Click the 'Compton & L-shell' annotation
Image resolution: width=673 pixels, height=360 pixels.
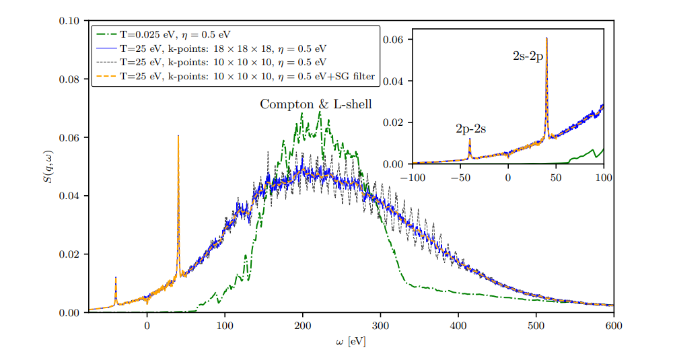316,104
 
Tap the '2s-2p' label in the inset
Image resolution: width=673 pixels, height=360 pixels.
528,57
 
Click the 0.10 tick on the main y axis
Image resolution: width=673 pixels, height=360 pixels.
69,21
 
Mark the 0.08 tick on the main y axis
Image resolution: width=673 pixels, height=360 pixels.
69,79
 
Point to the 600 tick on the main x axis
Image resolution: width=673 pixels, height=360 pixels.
613,325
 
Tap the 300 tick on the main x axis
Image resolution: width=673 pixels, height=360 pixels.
380,325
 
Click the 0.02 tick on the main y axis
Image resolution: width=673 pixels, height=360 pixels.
69,254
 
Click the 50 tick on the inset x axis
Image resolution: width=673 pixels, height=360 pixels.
556,176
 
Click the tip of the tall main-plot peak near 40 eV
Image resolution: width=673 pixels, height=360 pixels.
178,135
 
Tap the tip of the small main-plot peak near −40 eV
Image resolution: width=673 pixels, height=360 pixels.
116,277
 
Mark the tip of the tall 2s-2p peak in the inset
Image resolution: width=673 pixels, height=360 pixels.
546,38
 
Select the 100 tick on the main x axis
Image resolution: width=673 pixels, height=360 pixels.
225,325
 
